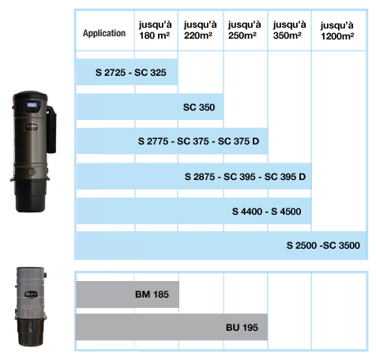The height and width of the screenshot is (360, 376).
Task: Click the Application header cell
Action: [x=104, y=33]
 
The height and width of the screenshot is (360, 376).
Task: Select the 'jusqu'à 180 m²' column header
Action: [x=155, y=30]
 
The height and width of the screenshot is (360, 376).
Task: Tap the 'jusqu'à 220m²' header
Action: [x=200, y=30]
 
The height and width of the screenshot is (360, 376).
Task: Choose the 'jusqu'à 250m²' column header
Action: [x=244, y=30]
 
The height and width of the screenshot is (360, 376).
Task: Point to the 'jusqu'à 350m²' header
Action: [x=289, y=30]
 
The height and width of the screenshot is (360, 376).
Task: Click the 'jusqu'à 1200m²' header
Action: [x=337, y=31]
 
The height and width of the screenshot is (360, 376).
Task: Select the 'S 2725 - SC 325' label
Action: [x=130, y=73]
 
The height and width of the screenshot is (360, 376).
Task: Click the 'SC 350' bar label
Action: [x=199, y=107]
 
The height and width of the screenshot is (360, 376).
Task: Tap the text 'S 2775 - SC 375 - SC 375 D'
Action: [x=198, y=141]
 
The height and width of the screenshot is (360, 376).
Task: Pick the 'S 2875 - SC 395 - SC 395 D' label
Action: [x=245, y=177]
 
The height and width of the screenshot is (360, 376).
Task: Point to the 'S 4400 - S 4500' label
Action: [x=266, y=212]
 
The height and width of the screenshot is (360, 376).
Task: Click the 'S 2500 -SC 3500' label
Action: [x=323, y=246]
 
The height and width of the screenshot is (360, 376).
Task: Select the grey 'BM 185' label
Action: [x=152, y=294]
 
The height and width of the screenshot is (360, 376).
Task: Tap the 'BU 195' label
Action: [x=242, y=328]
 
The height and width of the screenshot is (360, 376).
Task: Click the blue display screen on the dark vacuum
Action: [x=32, y=105]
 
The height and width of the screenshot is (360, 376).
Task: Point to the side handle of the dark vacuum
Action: [x=51, y=129]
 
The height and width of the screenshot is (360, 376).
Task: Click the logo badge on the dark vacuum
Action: [x=32, y=127]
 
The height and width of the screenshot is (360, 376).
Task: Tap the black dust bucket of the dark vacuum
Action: [x=31, y=196]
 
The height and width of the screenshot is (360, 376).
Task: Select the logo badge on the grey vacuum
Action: [x=31, y=294]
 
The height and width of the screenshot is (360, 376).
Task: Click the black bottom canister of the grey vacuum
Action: [x=31, y=332]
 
